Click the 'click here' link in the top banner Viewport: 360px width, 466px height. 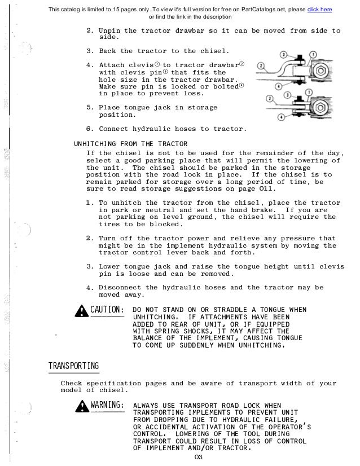(x=319, y=9)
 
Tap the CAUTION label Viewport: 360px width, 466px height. (x=107, y=310)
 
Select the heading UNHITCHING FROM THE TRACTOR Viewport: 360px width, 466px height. (x=130, y=143)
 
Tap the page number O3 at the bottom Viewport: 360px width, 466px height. (x=197, y=457)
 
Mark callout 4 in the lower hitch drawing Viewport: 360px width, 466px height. (x=280, y=117)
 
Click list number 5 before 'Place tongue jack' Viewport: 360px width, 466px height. (x=90, y=107)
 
